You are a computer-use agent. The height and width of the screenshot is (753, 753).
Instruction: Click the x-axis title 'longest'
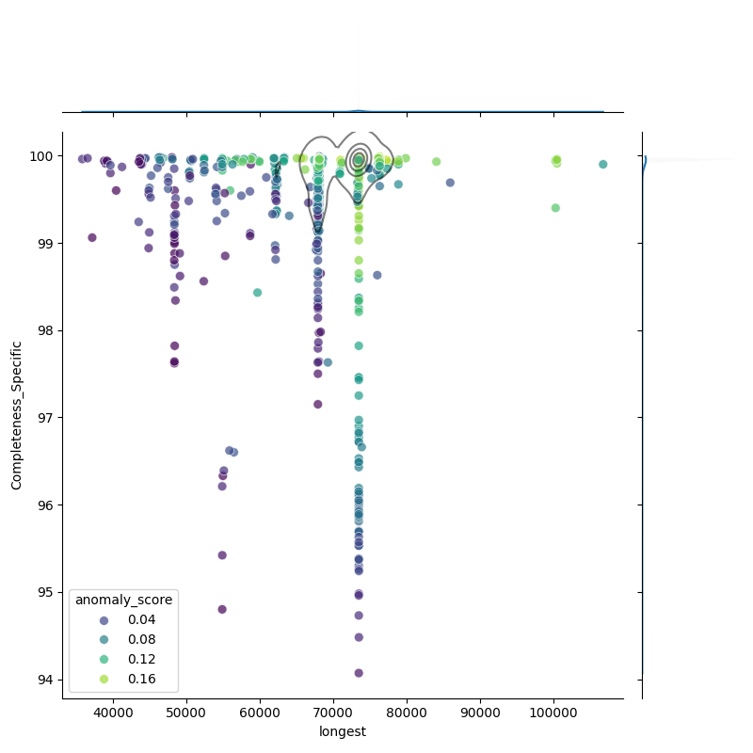343,731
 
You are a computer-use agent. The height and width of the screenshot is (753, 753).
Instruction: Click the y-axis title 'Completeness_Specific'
16,415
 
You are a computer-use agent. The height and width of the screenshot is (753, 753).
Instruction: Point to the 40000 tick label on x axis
113,713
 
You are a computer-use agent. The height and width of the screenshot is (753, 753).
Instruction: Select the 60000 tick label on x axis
260,713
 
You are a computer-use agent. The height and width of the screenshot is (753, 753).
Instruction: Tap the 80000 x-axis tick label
407,713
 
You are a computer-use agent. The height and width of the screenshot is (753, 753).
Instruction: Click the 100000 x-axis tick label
553,713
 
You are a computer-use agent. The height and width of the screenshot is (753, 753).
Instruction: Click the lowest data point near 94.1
359,673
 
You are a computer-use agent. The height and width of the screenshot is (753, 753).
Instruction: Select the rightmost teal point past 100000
603,164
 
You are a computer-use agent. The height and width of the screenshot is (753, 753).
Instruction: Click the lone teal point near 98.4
257,293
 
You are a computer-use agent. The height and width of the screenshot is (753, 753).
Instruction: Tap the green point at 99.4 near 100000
555,208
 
